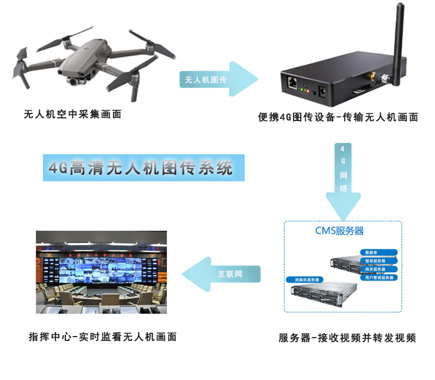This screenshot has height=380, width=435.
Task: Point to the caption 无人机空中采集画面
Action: coord(72,115)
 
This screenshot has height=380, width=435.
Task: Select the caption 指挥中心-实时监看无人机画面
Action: coord(103,337)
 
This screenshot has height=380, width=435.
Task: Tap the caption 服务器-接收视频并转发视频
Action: coord(347,338)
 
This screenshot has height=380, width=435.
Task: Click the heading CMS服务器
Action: coord(339,231)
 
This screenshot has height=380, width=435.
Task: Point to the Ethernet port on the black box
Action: coord(292,83)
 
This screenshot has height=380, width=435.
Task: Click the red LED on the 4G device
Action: coord(308,91)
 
